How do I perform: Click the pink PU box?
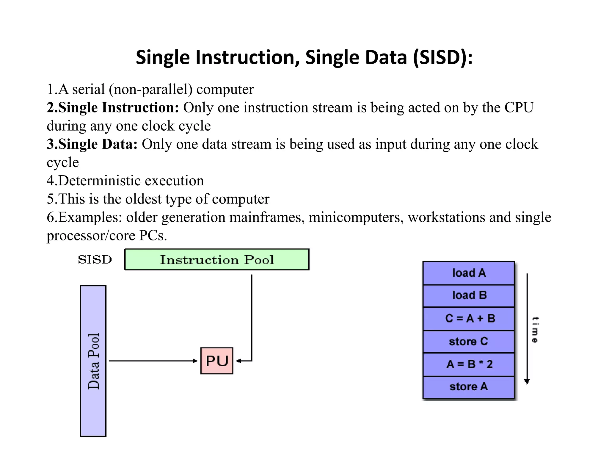[x=217, y=361]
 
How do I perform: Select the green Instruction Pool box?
[x=217, y=259]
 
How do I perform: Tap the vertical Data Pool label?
[x=93, y=361]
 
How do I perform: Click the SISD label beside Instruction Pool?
[x=95, y=259]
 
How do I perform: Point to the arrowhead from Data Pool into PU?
[x=195, y=361]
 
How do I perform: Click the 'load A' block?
[x=469, y=273]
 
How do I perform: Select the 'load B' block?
[x=469, y=295]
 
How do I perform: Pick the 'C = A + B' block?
[x=469, y=318]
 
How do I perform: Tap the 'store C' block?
[x=469, y=341]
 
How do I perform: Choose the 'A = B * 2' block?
[x=469, y=364]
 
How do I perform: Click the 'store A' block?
[x=469, y=387]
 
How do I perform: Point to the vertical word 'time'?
[x=535, y=330]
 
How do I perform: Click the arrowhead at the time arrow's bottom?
[x=527, y=382]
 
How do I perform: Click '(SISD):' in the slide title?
[x=442, y=57]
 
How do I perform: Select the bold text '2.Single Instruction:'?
[x=113, y=108]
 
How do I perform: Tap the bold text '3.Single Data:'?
[x=92, y=144]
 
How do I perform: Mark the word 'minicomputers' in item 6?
[x=356, y=217]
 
